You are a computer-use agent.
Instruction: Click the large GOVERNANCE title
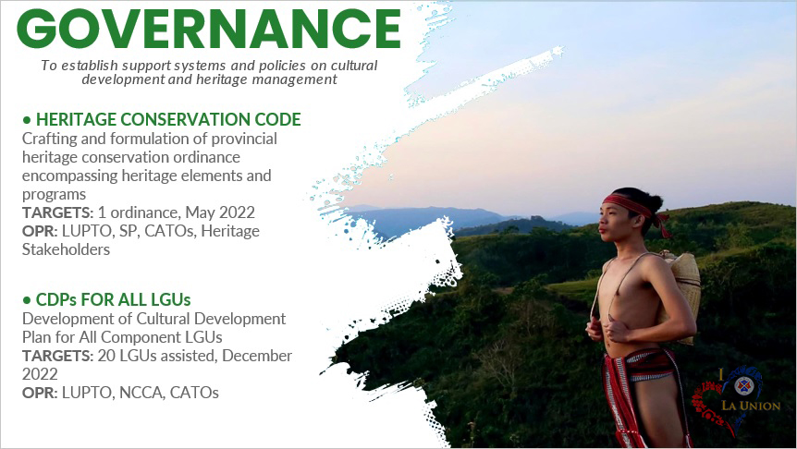pos(209,29)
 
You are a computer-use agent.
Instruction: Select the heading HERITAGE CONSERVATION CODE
pos(168,120)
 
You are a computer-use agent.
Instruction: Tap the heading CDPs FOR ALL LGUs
pos(113,299)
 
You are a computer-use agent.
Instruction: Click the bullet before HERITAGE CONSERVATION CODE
pos(27,120)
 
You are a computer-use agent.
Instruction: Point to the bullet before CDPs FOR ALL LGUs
pos(27,300)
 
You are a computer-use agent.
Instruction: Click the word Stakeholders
pos(66,249)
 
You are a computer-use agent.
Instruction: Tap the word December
pos(257,356)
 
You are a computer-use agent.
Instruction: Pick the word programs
pos(54,195)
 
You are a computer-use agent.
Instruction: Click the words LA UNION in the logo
pos(751,406)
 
